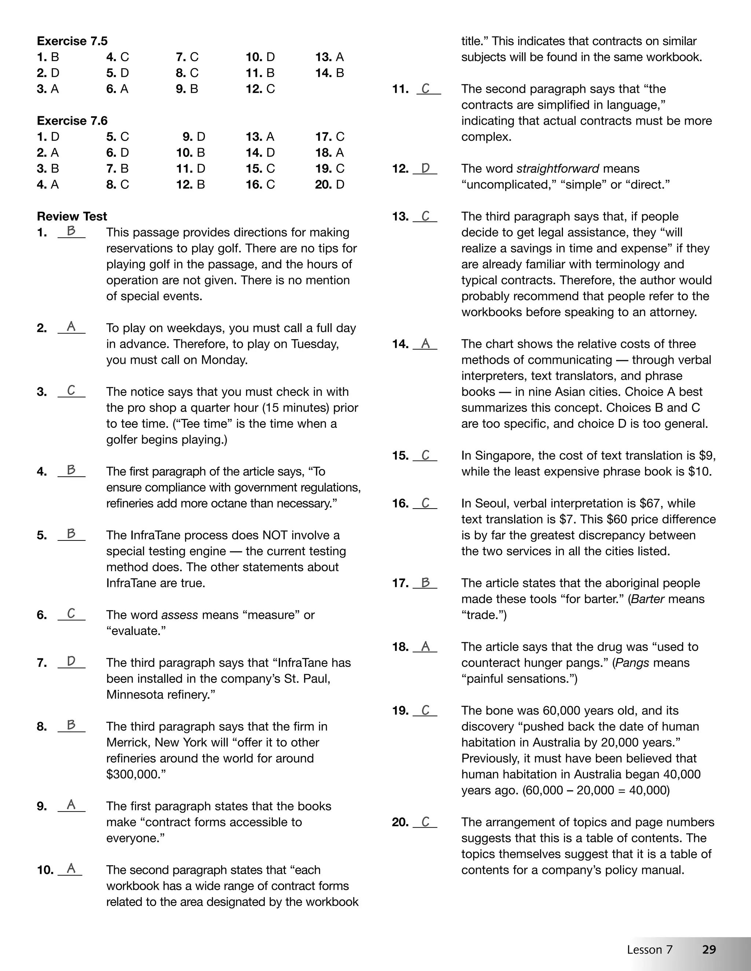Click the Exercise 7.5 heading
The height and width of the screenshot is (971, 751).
(72, 41)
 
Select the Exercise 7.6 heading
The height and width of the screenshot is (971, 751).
(72, 121)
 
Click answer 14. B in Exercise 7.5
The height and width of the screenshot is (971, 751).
(330, 73)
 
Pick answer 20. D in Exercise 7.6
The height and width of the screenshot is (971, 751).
(330, 185)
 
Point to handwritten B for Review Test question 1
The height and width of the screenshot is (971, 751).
(71, 231)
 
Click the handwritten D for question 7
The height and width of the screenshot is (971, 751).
(71, 661)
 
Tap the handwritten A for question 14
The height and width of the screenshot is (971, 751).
(425, 343)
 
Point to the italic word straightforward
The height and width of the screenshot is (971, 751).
(557, 169)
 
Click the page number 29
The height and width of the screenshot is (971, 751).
(709, 949)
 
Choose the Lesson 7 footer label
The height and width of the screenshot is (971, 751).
(649, 950)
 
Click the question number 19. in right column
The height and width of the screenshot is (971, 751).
(400, 710)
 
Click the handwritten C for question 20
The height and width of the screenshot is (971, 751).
(425, 822)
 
